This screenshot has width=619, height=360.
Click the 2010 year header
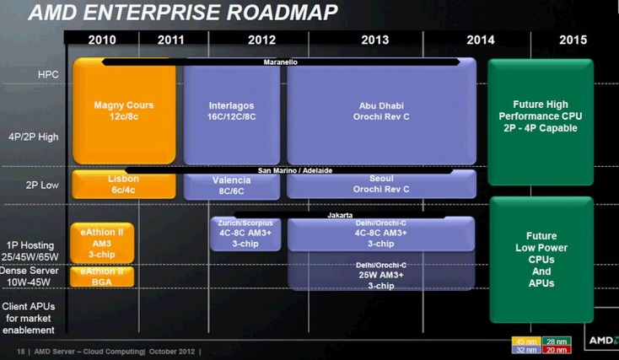[102, 39]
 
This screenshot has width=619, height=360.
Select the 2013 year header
[374, 39]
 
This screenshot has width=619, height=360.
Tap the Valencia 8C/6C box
[230, 186]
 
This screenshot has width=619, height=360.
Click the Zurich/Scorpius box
[245, 234]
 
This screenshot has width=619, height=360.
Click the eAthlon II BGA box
[102, 277]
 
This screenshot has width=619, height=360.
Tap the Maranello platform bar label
[279, 62]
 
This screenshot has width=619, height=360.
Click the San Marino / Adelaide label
[294, 170]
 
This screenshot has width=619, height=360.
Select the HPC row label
[48, 75]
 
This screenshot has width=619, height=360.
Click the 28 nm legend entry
[557, 341]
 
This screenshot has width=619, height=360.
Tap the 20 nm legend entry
[557, 349]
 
